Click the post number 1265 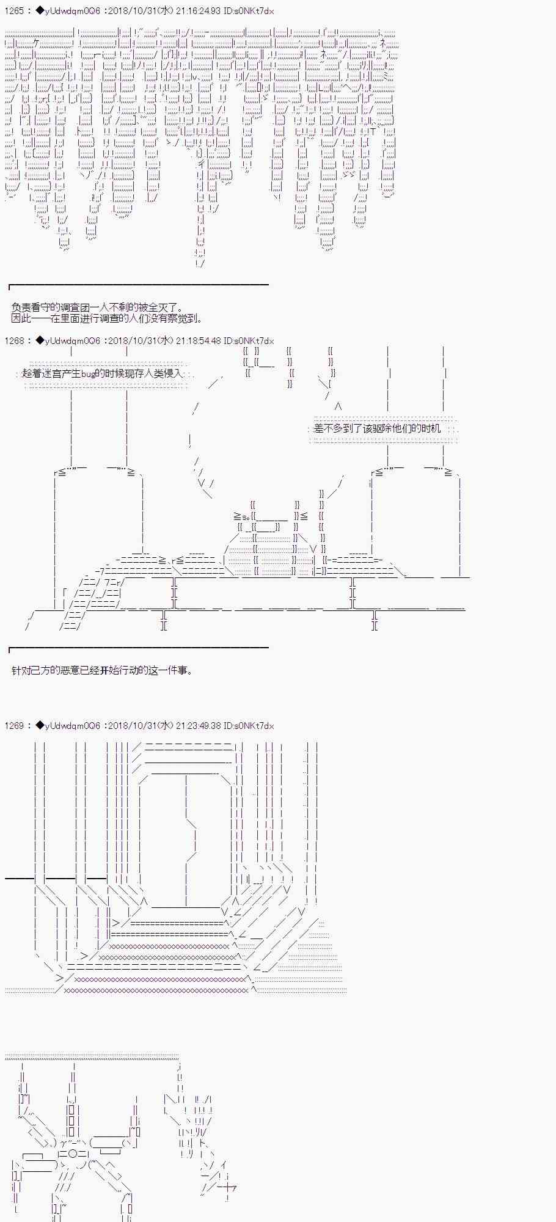(14, 11)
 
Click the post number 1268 (14, 341)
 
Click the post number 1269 (14, 726)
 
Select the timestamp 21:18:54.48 (199, 341)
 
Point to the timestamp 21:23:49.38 (199, 726)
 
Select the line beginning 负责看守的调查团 (97, 309)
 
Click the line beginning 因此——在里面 (107, 318)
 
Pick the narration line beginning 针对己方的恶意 (102, 670)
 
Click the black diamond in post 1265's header (40, 11)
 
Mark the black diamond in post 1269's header (40, 726)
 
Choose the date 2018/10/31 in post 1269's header (131, 726)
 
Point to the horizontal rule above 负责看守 (139, 285)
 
